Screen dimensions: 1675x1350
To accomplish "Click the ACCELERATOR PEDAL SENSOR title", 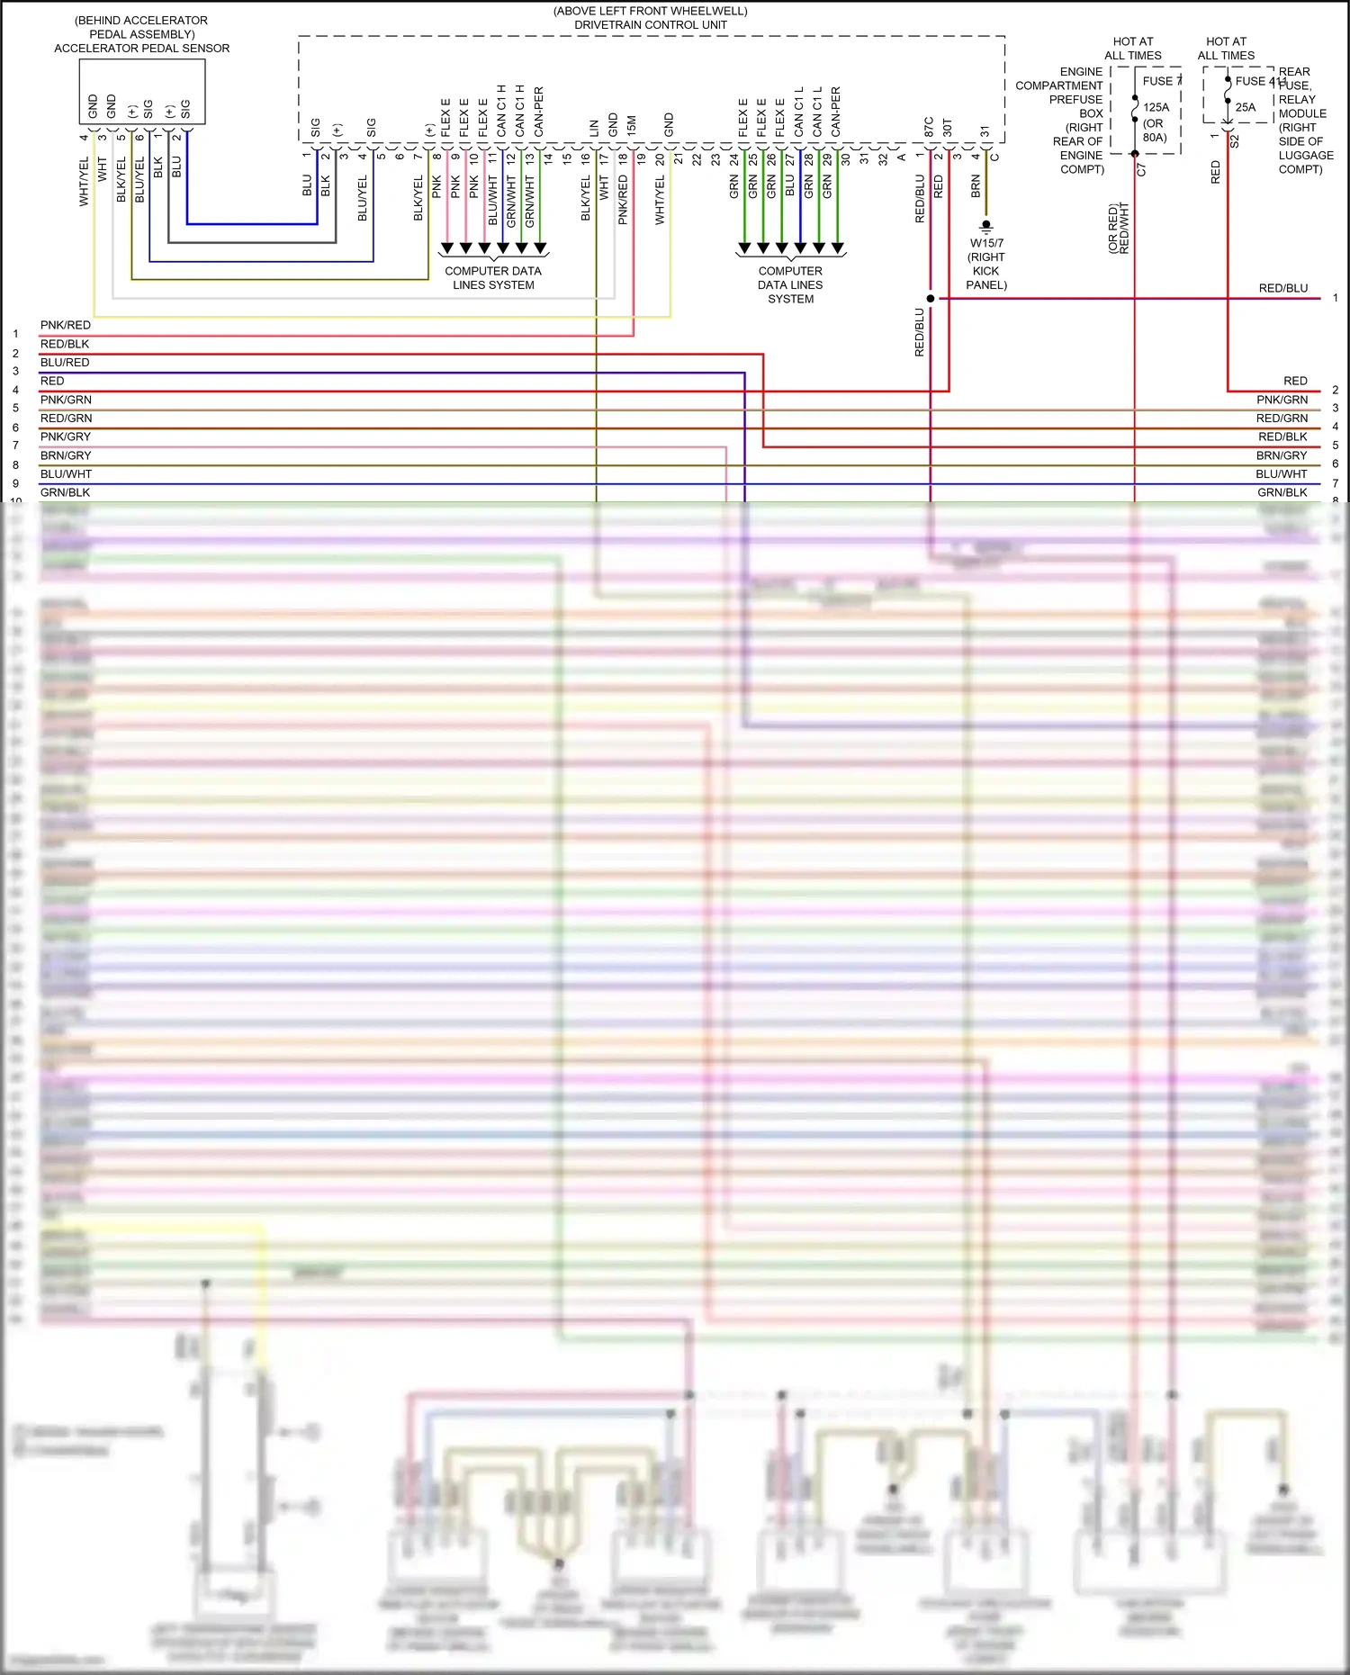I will click(141, 49).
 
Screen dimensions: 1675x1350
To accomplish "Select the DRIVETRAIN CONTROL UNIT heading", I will click(650, 25).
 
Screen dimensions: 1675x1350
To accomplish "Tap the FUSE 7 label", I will click(1161, 81).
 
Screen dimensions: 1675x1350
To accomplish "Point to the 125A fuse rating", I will click(1156, 107).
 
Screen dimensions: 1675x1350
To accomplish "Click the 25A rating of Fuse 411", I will click(1245, 107).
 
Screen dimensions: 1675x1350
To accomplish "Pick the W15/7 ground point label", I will click(986, 243).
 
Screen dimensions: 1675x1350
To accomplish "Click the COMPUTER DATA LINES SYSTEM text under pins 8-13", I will click(493, 278).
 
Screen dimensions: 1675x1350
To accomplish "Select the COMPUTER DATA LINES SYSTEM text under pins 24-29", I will click(790, 284).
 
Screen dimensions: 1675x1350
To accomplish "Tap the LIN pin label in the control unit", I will click(594, 128).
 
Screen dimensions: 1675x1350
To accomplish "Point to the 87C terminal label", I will click(929, 127).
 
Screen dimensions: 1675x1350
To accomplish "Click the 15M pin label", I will click(632, 125).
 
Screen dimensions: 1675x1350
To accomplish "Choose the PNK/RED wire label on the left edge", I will click(66, 325).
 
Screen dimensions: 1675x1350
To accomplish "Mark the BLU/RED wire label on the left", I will click(65, 362).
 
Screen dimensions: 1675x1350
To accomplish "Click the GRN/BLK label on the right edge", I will click(1282, 492).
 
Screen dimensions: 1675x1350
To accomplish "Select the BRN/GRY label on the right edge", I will click(1281, 455).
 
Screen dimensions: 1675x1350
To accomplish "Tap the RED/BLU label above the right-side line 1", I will click(1282, 288).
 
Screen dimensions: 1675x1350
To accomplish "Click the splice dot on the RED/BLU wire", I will click(931, 298).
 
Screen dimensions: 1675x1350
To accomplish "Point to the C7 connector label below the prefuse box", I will click(1141, 168).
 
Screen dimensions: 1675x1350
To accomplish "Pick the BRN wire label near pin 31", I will click(976, 186).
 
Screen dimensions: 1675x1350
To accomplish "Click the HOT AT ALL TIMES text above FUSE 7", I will click(1132, 49).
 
